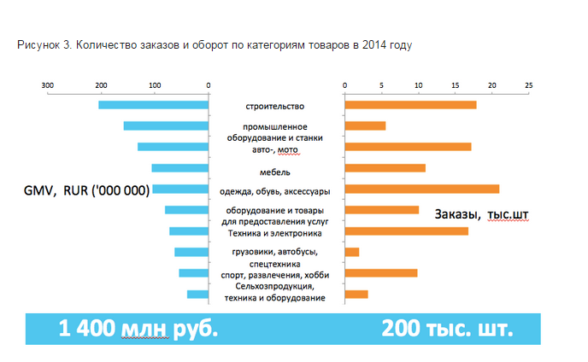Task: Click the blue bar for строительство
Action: (x=154, y=105)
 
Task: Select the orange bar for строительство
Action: (x=410, y=105)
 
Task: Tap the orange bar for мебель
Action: (x=385, y=168)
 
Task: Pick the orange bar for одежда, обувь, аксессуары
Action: (x=421, y=189)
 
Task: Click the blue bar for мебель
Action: (x=180, y=168)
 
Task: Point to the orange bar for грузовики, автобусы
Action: (x=351, y=252)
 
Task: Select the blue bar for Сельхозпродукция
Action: (x=198, y=295)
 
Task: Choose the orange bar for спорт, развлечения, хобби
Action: (x=380, y=273)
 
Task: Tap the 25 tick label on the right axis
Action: (x=529, y=85)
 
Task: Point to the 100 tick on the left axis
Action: (x=155, y=85)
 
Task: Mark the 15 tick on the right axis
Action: (x=455, y=85)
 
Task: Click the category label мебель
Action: (x=274, y=172)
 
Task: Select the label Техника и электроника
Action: (x=274, y=232)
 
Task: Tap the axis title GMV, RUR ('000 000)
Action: (x=86, y=190)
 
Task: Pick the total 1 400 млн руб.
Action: (x=132, y=329)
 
